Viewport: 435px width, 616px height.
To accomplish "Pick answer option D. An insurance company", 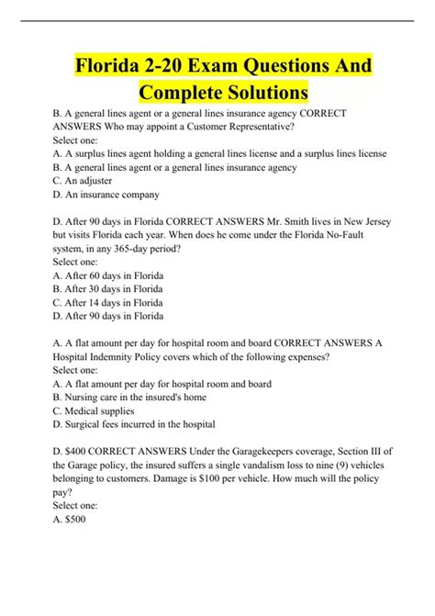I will tap(106, 195).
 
